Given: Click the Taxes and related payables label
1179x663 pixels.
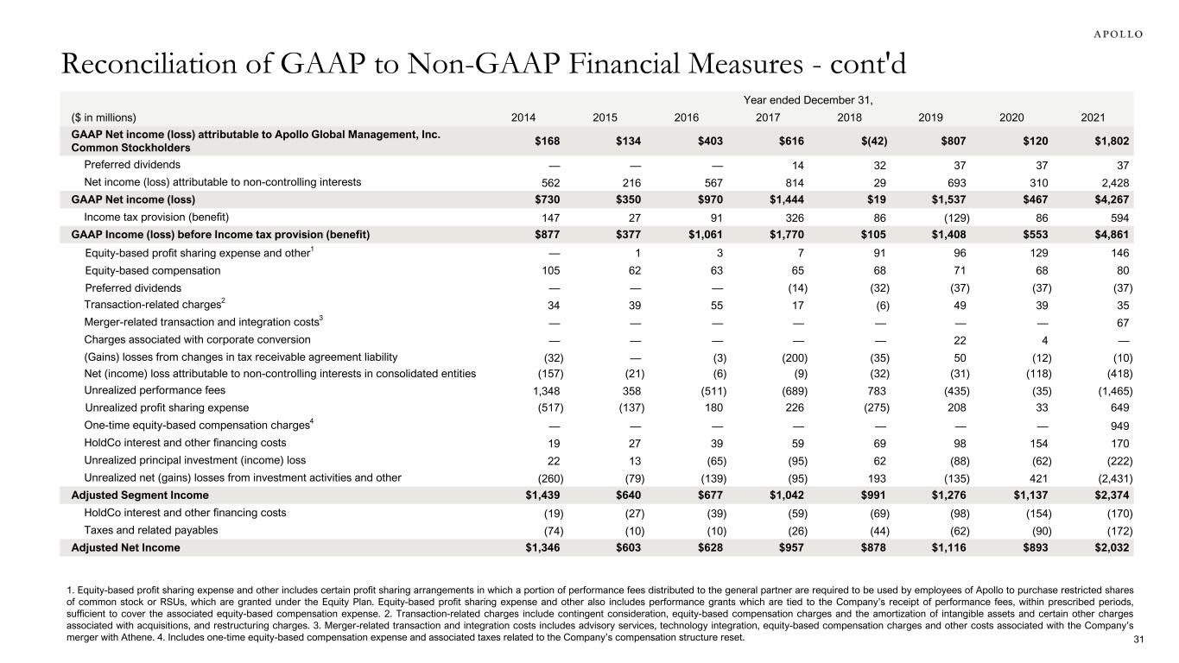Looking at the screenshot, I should click(151, 530).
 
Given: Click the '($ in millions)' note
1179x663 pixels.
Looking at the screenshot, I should click(104, 117).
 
